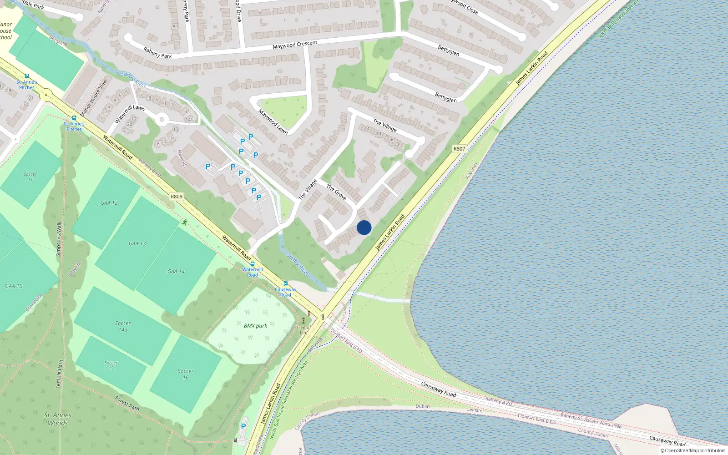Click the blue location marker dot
[x=364, y=227]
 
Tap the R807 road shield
[x=459, y=148]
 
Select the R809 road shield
[x=177, y=197]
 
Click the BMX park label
[x=255, y=326]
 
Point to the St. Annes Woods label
[x=58, y=419]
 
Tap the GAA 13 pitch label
[x=137, y=243]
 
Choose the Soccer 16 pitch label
[x=185, y=374]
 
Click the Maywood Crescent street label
[x=295, y=45]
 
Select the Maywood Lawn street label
[x=273, y=121]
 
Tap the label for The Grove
[x=336, y=192]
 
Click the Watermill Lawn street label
[x=130, y=114]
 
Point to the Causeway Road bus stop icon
[x=286, y=283]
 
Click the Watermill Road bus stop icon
[x=252, y=264]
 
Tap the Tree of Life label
[x=303, y=330]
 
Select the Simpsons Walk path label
[x=59, y=239]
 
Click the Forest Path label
[x=127, y=403]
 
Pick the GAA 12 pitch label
[x=109, y=203]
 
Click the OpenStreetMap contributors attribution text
[x=693, y=450]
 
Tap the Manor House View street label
[x=94, y=97]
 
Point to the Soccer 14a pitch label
[x=123, y=326]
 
